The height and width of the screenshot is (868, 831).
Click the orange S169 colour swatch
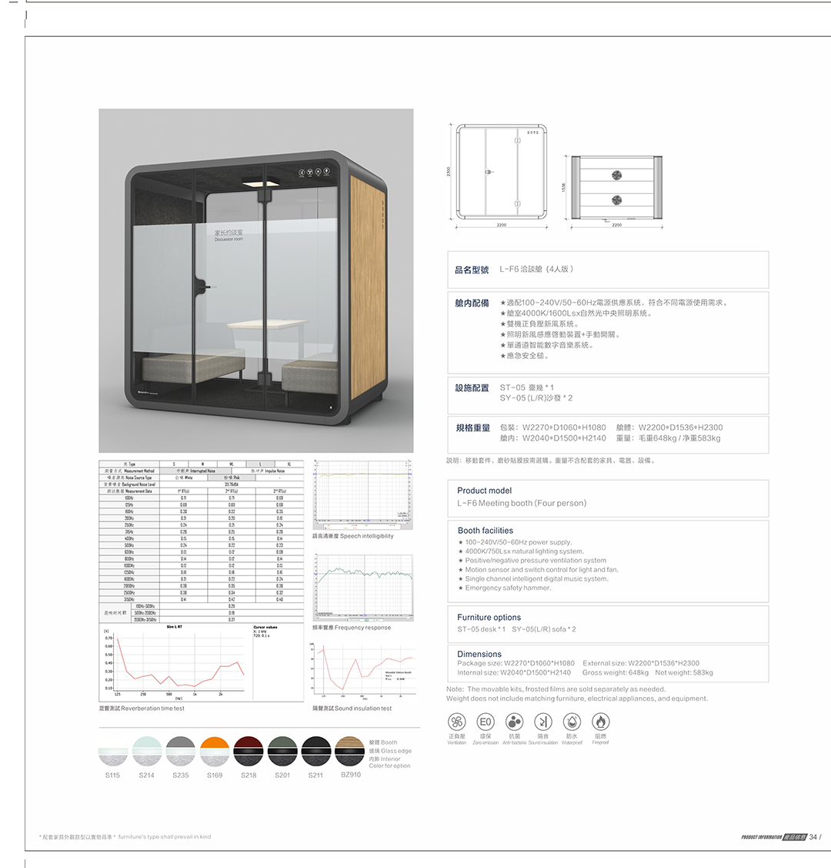(215, 751)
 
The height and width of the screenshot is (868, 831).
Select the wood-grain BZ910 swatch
(349, 751)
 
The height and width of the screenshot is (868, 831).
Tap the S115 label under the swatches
(112, 776)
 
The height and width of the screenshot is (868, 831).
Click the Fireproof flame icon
(601, 722)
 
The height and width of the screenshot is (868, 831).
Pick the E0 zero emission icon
(486, 722)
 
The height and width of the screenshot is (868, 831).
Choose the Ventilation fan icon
(457, 722)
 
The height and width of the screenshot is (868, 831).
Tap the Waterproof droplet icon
(572, 722)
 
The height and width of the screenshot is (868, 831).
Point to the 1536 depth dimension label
(564, 188)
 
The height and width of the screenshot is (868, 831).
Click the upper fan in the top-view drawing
(616, 174)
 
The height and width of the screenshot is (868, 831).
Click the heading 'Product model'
(484, 491)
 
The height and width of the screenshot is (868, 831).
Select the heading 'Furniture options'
(489, 618)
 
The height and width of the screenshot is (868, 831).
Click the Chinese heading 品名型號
(472, 270)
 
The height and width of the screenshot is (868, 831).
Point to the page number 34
(813, 837)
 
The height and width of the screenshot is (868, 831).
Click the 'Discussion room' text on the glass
(229, 240)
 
